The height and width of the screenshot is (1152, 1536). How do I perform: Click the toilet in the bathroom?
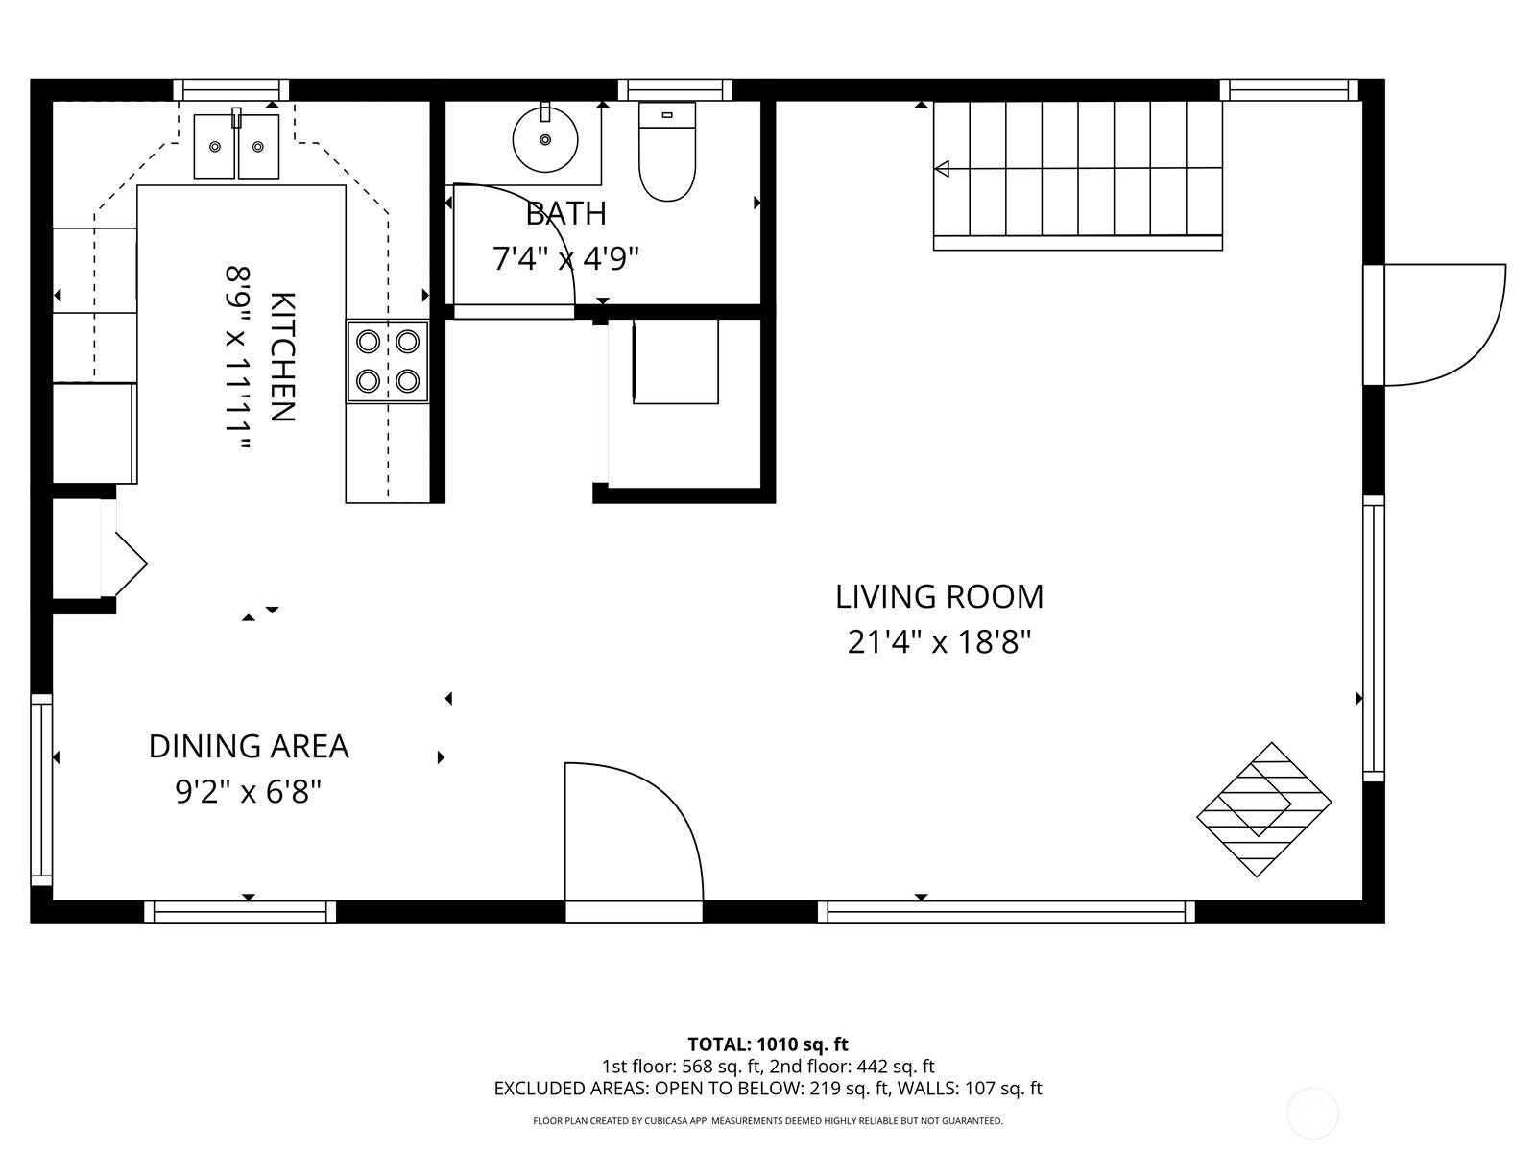coord(667,154)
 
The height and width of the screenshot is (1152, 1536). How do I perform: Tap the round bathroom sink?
coord(545,140)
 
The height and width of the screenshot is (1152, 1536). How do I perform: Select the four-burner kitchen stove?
coord(388,361)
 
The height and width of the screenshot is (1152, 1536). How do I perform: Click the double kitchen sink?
coord(236,146)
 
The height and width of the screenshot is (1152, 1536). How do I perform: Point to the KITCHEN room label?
coord(281,357)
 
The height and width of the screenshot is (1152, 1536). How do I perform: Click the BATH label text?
coord(565,213)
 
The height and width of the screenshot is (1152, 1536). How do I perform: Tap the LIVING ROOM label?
coord(939,596)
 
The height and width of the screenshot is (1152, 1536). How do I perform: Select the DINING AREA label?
coord(249,746)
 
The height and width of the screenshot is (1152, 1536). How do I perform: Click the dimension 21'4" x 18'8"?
coord(939,641)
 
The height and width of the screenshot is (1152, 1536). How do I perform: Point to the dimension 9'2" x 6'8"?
coord(249,792)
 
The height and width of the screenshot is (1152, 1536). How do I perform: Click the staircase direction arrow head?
coord(942,169)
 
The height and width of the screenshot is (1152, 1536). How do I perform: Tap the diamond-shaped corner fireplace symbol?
coord(1263,809)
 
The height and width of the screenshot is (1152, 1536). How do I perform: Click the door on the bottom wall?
coord(634,835)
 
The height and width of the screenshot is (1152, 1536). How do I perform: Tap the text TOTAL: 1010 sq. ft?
coord(768,1044)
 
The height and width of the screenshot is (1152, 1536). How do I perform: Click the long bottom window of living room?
coord(1006,911)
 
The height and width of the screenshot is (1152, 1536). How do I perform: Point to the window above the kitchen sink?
coord(231,89)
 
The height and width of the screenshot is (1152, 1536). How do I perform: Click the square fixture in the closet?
coord(676,361)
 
